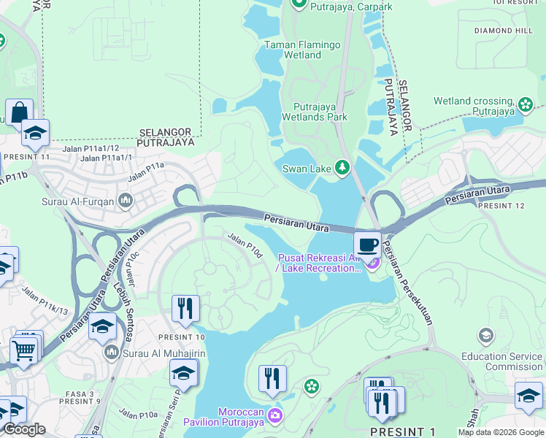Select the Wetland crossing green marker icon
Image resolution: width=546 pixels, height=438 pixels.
point(525,106)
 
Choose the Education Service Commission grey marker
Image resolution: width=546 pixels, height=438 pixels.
point(485,335)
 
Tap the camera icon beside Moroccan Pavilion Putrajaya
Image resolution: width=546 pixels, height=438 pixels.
point(274,416)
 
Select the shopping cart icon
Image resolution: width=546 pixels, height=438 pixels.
point(24,350)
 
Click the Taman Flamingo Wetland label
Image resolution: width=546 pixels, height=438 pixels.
point(302,50)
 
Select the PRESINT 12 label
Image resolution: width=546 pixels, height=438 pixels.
point(501,206)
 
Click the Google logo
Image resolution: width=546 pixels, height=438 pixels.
point(23,429)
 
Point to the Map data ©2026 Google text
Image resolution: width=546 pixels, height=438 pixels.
point(500,432)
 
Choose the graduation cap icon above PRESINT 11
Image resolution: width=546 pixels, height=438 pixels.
point(35,134)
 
